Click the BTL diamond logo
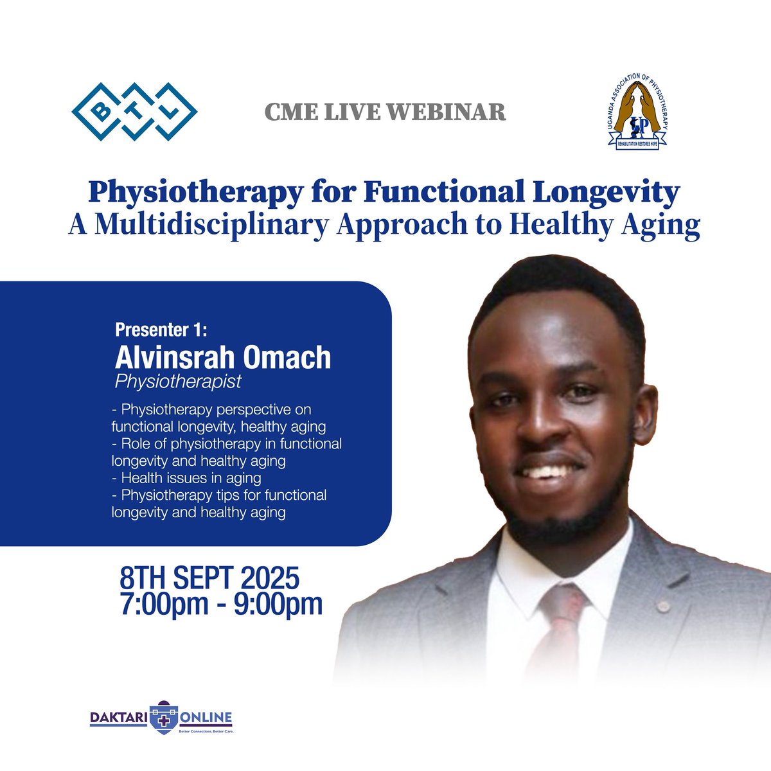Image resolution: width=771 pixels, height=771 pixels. click(x=134, y=111)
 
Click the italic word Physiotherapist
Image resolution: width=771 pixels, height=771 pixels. click(x=178, y=382)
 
